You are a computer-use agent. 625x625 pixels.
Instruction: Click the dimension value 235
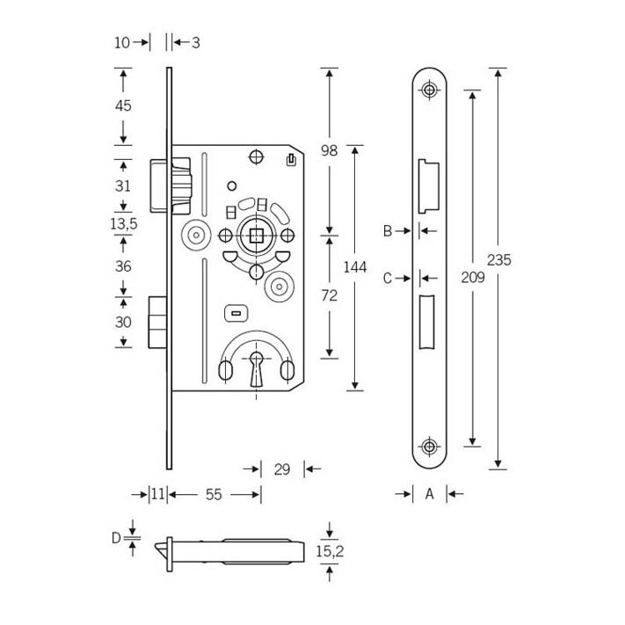[498, 260]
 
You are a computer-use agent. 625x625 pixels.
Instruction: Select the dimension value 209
[473, 277]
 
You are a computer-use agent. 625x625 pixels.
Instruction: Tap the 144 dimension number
[355, 267]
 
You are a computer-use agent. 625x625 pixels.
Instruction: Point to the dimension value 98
[330, 150]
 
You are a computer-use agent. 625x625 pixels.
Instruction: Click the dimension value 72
[330, 295]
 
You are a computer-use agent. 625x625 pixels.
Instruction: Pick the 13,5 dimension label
[124, 223]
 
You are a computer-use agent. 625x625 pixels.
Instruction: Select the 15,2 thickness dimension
[330, 551]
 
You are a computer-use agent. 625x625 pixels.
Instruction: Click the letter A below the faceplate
[429, 494]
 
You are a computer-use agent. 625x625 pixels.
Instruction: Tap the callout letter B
[388, 231]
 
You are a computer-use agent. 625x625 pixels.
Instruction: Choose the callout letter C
[388, 279]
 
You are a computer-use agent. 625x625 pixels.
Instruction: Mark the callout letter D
[116, 538]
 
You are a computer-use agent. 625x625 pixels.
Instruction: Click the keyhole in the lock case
[257, 368]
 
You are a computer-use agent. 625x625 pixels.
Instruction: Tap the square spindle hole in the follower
[257, 236]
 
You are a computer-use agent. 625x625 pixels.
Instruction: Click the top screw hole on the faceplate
[429, 90]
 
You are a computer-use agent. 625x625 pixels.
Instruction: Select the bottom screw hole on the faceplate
[429, 447]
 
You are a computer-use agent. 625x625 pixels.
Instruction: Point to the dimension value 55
[214, 495]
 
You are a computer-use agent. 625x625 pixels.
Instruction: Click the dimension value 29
[282, 469]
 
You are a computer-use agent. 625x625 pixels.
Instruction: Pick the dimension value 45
[123, 105]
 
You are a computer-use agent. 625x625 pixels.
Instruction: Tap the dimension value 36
[123, 265]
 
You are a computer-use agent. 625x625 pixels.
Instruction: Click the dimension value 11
[158, 494]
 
